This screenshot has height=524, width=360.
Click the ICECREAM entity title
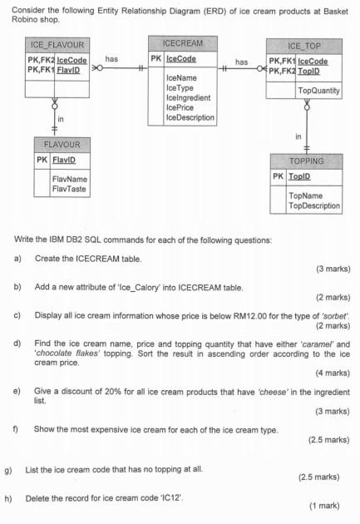(182, 42)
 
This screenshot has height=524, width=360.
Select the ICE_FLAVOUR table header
(57, 44)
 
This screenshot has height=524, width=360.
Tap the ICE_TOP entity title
(305, 47)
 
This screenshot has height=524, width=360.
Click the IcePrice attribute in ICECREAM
(180, 107)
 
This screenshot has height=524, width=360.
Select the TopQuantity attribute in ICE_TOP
(319, 90)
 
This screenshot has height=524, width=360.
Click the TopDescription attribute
(314, 205)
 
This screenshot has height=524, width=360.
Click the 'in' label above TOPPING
(298, 136)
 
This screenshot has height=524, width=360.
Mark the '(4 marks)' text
(333, 373)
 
